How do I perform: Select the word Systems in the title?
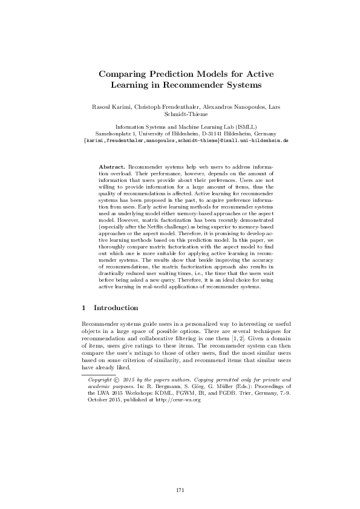(239, 85)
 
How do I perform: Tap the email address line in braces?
(180, 140)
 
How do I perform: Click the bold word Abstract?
(111, 165)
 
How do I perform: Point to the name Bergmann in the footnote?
(191, 387)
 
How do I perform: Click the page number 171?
(180, 490)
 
